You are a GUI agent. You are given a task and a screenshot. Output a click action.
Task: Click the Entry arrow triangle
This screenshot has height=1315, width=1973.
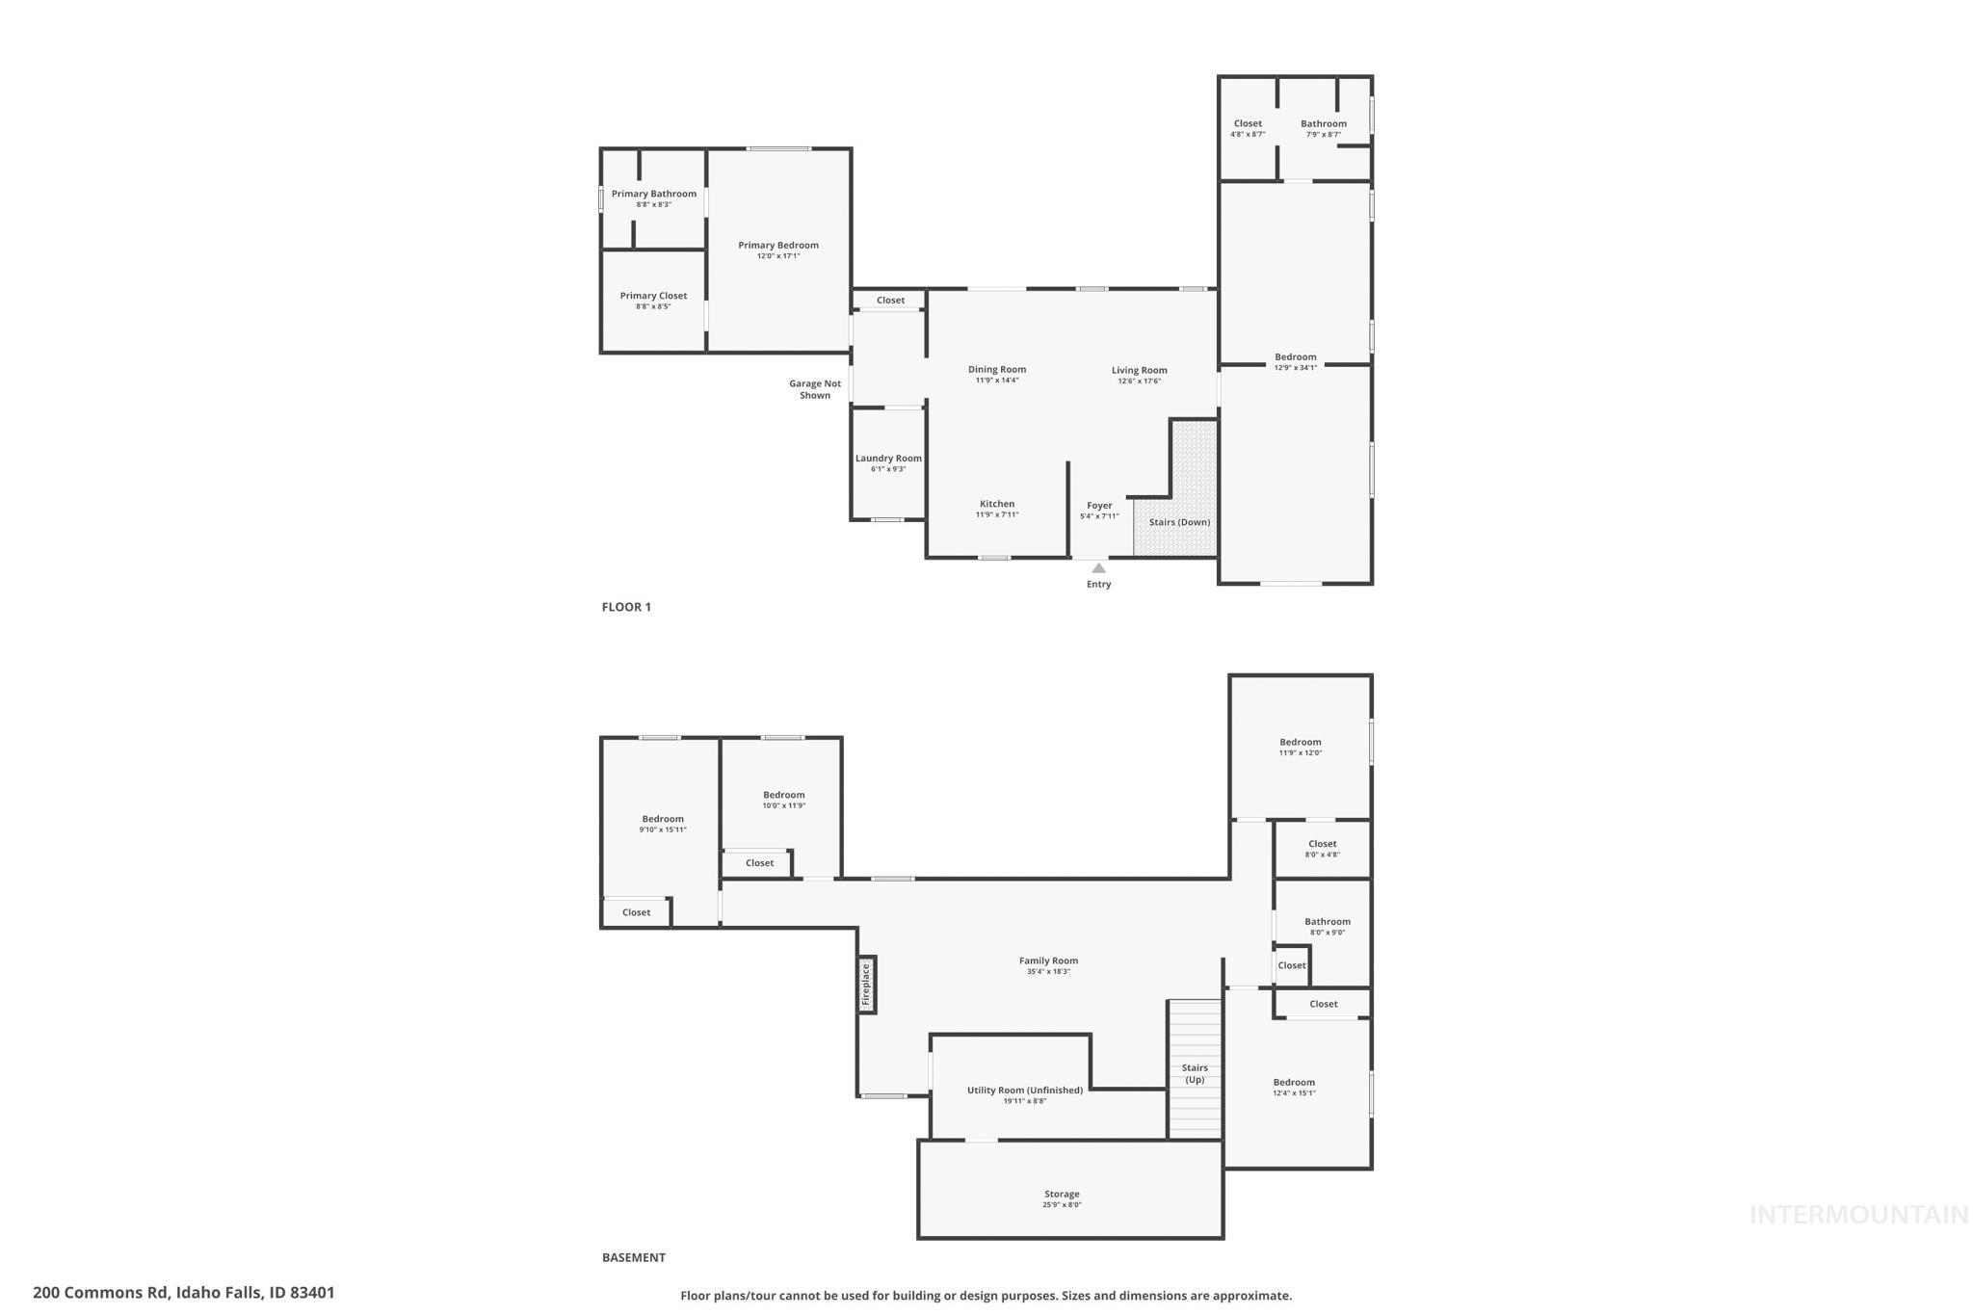click(1098, 568)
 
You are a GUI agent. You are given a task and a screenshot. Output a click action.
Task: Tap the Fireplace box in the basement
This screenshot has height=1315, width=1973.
click(866, 985)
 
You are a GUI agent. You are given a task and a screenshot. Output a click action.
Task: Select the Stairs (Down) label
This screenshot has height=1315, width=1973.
click(1179, 522)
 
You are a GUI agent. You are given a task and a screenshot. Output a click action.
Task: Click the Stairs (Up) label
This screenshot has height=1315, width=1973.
click(1195, 1073)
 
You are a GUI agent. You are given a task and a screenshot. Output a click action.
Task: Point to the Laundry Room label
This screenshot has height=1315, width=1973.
click(888, 459)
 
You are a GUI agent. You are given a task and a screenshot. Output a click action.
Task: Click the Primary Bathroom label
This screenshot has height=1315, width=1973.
click(653, 194)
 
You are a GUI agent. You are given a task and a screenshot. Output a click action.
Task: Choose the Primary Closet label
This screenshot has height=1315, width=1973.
click(653, 296)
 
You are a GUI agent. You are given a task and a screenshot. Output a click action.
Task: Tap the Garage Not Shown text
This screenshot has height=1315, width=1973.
click(815, 389)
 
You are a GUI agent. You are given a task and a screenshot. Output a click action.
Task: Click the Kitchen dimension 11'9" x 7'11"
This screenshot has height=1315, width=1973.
click(997, 514)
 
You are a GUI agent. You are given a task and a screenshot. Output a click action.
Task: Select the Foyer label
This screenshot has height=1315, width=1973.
click(1099, 506)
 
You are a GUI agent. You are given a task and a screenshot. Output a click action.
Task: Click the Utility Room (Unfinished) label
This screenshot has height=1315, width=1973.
click(1025, 1091)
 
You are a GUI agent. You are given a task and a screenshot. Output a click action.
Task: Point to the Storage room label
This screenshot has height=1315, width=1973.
click(1062, 1195)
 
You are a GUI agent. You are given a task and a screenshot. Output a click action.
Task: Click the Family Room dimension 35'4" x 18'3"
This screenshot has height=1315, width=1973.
click(1048, 972)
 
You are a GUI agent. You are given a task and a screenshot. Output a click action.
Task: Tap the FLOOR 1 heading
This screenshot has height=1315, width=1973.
click(626, 607)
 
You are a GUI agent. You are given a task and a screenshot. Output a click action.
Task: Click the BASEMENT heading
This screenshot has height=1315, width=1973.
click(633, 1257)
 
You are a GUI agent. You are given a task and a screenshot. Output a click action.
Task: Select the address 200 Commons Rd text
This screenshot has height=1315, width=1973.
click(183, 1293)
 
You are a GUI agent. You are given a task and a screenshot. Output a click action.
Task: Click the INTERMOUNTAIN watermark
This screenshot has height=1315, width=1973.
click(1858, 1215)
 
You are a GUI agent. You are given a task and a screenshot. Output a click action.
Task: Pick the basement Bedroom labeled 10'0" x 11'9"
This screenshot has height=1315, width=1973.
click(783, 796)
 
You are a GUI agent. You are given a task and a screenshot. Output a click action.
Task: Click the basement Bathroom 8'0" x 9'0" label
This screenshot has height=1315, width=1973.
click(1328, 922)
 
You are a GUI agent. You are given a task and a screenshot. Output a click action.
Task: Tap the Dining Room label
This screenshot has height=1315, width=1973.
click(997, 370)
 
